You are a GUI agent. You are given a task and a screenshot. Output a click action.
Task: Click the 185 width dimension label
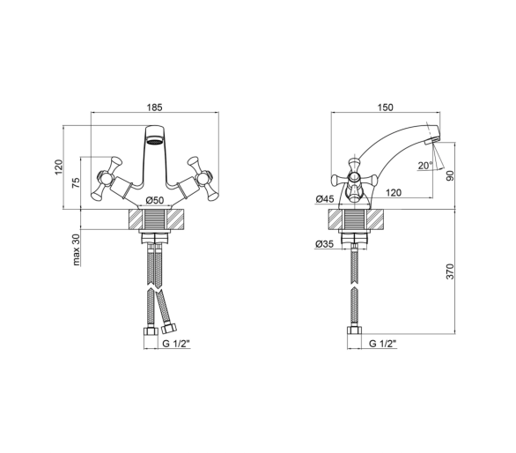coord(155,108)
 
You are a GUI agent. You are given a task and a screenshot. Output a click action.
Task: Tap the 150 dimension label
coord(386,108)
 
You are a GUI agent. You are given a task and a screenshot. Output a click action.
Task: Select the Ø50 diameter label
coord(154,200)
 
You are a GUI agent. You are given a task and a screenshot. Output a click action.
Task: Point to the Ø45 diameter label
coord(324,198)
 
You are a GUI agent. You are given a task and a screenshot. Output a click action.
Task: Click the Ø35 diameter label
coord(324,244)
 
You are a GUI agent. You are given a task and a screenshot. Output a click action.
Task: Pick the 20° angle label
coord(425,166)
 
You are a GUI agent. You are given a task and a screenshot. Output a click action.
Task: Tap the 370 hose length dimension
coord(450,271)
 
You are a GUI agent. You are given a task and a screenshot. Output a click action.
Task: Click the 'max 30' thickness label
coord(76,249)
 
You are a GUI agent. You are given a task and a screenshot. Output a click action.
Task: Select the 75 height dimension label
coord(76,182)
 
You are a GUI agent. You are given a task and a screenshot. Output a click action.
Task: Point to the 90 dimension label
coord(450,175)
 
